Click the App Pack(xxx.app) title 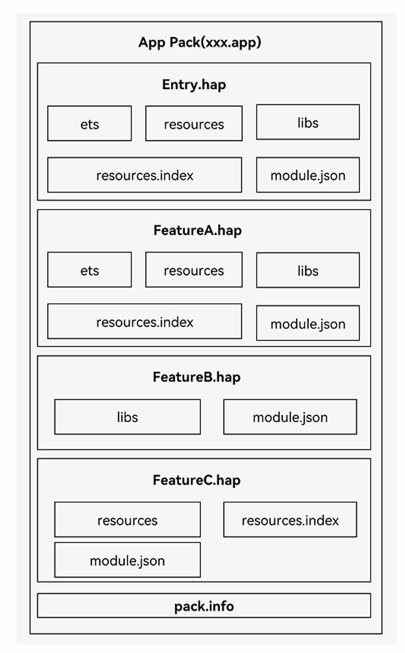click(200, 43)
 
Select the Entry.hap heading click(194, 84)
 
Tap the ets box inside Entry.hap click(89, 123)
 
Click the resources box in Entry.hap click(194, 123)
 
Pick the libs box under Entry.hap click(308, 122)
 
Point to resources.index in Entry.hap click(145, 175)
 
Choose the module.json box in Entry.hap click(308, 175)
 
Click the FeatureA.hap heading click(197, 230)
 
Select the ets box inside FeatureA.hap click(89, 270)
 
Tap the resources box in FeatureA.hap click(194, 270)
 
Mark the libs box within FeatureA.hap click(308, 270)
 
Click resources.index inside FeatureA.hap click(145, 321)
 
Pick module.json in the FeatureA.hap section click(308, 323)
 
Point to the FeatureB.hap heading click(197, 377)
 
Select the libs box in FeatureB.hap click(128, 417)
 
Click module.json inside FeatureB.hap click(290, 417)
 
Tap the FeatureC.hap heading click(197, 480)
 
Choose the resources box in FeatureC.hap click(128, 520)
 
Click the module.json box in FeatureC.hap click(128, 560)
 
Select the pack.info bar click(204, 606)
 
